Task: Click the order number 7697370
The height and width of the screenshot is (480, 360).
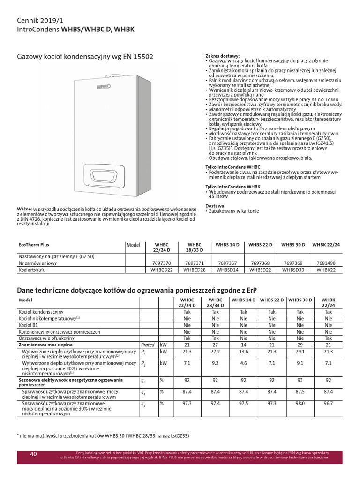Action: point(162,263)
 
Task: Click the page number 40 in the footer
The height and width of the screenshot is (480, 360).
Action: point(33,454)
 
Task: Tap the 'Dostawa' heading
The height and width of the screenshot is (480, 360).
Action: point(215,206)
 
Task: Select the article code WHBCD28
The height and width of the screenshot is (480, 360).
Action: point(194,270)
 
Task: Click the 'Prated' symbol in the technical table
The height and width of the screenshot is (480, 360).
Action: point(148,344)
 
